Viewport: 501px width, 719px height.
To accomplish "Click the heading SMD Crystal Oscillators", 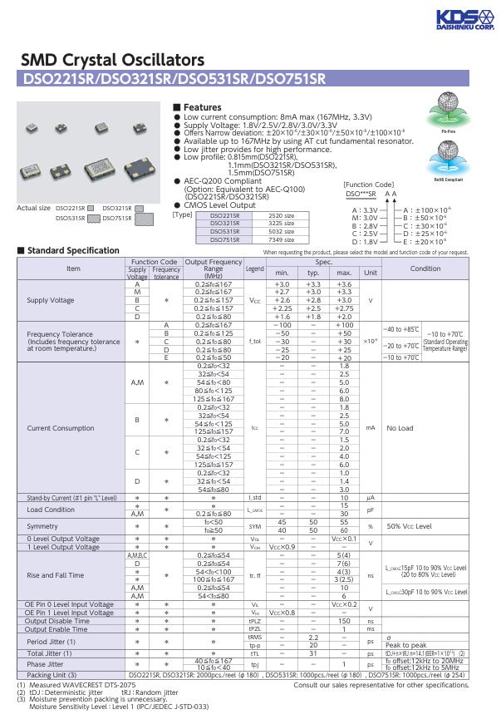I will (x=111, y=60).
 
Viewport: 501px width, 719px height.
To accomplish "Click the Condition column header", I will (x=425, y=268).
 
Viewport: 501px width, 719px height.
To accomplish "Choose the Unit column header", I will (x=371, y=273).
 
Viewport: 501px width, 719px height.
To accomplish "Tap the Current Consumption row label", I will (x=61, y=428).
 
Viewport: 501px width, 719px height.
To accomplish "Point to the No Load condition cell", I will (x=400, y=428).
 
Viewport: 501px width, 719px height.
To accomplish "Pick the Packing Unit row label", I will (x=51, y=674).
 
